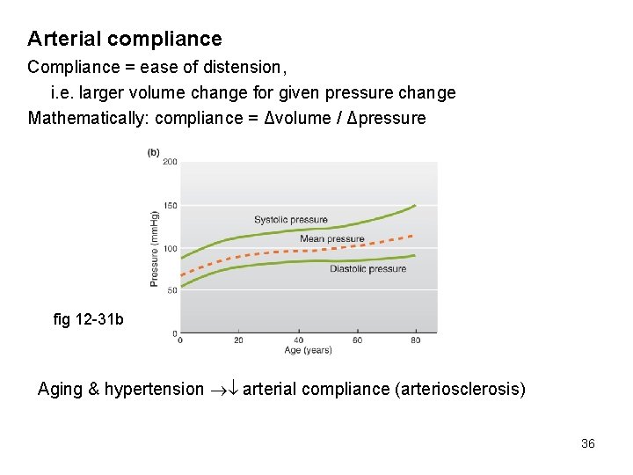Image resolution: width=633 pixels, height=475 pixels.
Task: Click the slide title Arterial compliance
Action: pos(124,39)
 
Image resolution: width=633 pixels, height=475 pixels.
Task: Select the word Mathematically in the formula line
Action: pos(81,118)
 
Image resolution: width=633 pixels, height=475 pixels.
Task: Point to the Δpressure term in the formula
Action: pos(386,118)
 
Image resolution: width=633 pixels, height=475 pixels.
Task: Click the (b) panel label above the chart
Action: pos(154,152)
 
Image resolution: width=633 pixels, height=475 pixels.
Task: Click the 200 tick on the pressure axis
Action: pos(170,162)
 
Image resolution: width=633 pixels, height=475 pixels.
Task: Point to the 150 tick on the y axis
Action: pos(170,206)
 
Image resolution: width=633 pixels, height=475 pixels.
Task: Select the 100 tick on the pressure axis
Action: pos(170,249)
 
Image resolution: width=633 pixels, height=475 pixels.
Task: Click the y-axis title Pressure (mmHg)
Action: pos(155,249)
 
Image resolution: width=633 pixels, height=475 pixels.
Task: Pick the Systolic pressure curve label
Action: pos(291,220)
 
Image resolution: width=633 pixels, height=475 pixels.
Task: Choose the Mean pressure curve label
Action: pos(331,238)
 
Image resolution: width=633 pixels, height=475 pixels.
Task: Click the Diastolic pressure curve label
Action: pos(367,268)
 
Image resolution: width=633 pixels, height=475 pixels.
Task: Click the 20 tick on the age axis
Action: pos(238,340)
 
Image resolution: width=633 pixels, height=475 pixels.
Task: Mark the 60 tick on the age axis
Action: pos(357,340)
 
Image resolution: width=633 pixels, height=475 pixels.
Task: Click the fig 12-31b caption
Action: pos(89,319)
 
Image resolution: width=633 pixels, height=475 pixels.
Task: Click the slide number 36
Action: pos(588,443)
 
